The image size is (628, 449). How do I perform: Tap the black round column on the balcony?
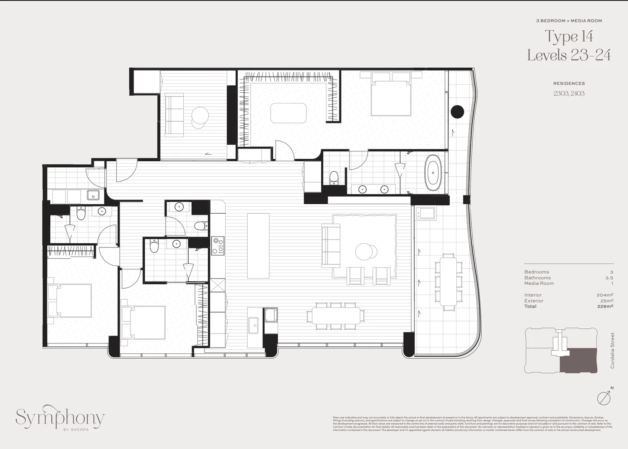[x=458, y=111]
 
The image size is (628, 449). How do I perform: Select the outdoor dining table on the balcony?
[x=448, y=281]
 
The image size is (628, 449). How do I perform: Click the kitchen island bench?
[x=258, y=245]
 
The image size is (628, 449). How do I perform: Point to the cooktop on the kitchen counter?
[x=217, y=245]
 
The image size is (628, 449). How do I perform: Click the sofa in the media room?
[x=175, y=115]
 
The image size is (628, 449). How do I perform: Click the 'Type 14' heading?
[x=569, y=37]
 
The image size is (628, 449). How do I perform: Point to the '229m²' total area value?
[x=605, y=306]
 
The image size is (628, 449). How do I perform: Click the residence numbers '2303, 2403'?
[x=569, y=94]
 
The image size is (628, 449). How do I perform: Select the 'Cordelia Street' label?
[x=612, y=350]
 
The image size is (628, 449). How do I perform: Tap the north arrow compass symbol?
[x=604, y=397]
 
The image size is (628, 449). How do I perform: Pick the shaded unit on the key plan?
[x=578, y=360]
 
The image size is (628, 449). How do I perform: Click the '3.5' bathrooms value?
[x=609, y=278]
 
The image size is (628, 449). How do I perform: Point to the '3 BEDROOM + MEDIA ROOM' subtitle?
[x=569, y=21]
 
